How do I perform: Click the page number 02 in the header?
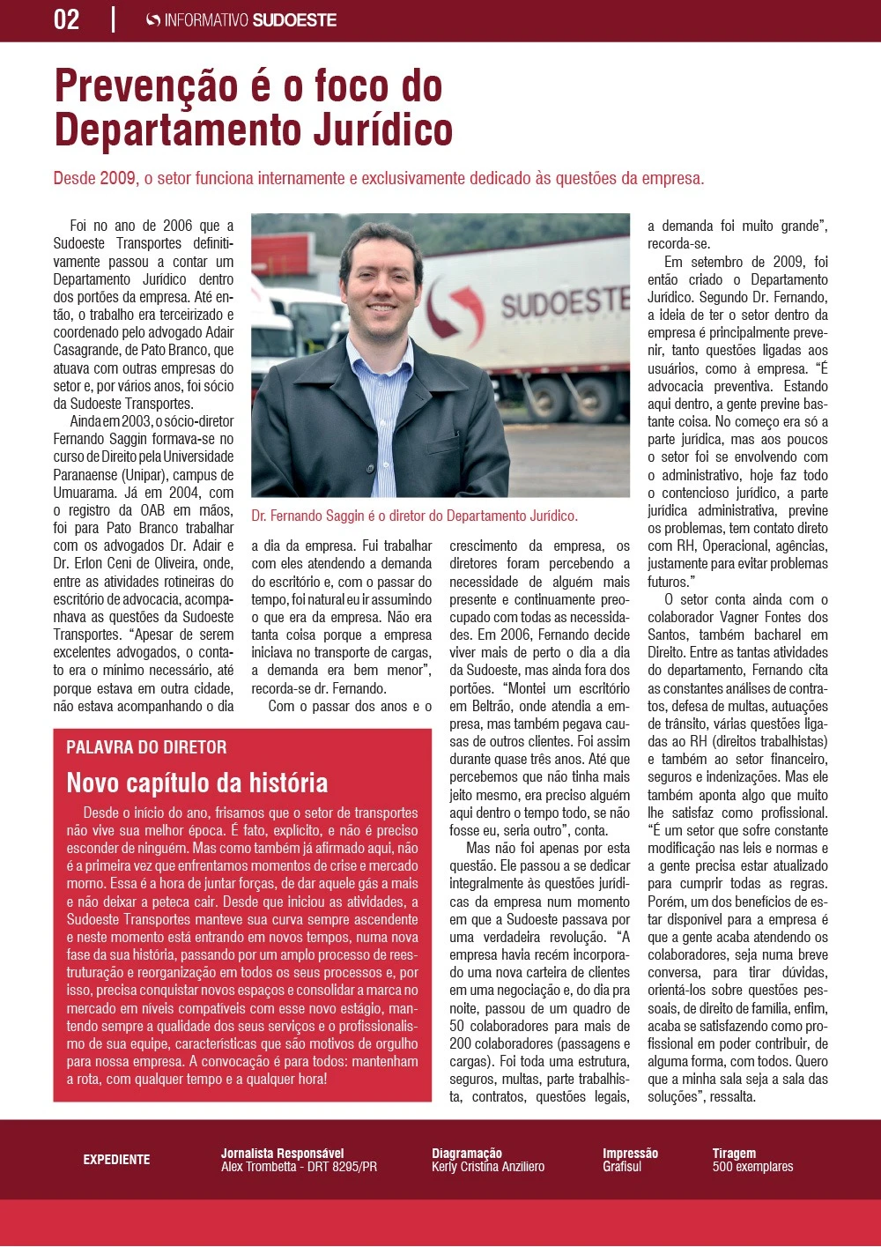pyautogui.click(x=67, y=19)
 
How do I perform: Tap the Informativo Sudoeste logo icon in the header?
pyautogui.click(x=153, y=20)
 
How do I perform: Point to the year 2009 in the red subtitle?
pyautogui.click(x=117, y=178)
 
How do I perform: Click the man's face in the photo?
pyautogui.click(x=381, y=282)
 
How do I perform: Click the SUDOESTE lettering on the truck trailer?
pyautogui.click(x=564, y=301)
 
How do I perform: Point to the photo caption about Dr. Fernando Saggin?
pyautogui.click(x=414, y=516)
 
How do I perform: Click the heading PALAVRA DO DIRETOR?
pyautogui.click(x=146, y=747)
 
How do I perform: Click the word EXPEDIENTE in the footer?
pyautogui.click(x=116, y=1160)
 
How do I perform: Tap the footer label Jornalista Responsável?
pyautogui.click(x=282, y=1153)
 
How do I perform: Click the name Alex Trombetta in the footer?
pyautogui.click(x=259, y=1167)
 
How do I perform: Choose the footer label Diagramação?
pyautogui.click(x=466, y=1153)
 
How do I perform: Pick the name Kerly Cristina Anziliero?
pyautogui.click(x=487, y=1167)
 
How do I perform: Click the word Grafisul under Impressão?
pyautogui.click(x=622, y=1167)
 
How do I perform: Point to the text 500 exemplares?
pyautogui.click(x=752, y=1167)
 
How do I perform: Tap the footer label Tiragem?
pyautogui.click(x=734, y=1153)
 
